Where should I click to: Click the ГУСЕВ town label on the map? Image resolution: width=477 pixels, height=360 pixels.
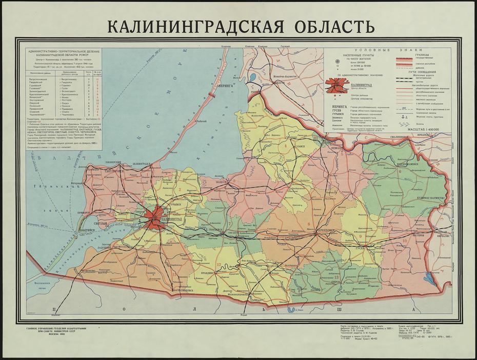tap(360, 248)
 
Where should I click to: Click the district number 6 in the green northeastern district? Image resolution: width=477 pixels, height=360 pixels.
tap(399, 171)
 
